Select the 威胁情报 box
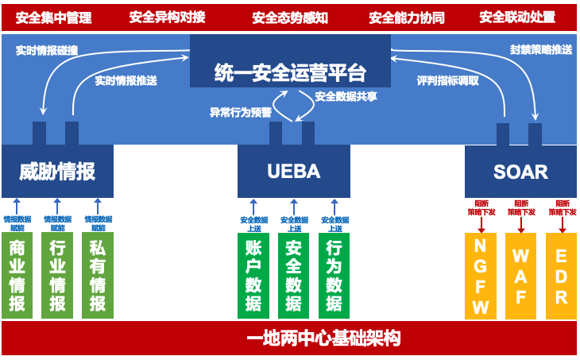tap(57, 171)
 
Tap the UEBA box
tap(294, 171)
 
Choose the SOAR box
tap(520, 171)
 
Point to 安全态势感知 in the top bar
tap(290, 17)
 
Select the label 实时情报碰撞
tap(47, 49)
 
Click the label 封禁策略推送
tap(540, 49)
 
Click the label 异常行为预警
tap(241, 113)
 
